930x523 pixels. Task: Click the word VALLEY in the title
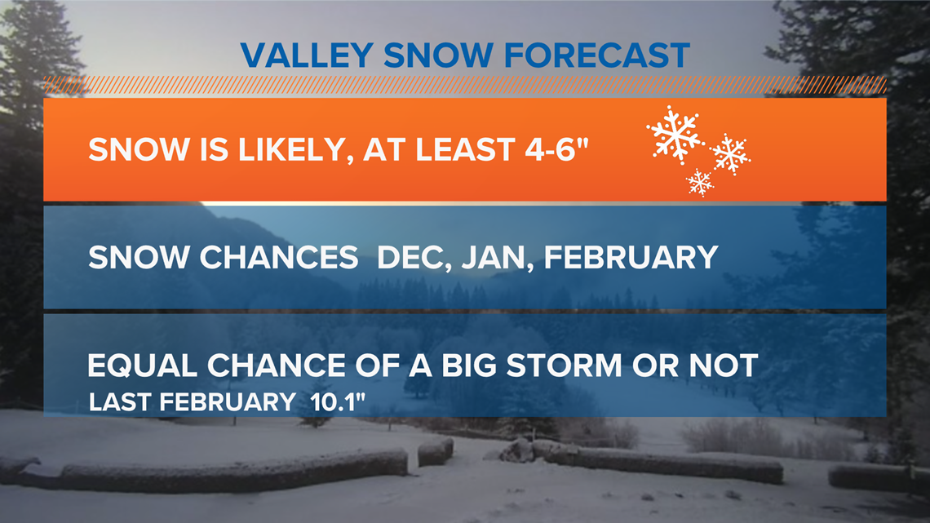(307, 55)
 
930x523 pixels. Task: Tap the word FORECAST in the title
(597, 55)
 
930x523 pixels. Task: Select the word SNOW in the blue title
(438, 55)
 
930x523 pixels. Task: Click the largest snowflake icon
(675, 135)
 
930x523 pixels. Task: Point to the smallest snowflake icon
(700, 182)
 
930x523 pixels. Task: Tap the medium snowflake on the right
(730, 154)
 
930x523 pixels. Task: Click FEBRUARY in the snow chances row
(631, 257)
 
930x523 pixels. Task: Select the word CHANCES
(279, 257)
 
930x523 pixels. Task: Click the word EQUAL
(142, 366)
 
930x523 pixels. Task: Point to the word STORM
(564, 366)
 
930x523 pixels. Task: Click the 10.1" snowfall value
(338, 401)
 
